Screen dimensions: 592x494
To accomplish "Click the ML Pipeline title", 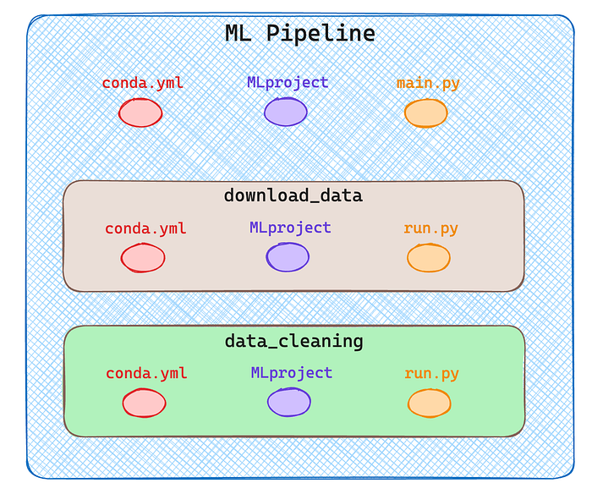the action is point(300,33).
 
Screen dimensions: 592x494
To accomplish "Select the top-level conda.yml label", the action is point(143,83).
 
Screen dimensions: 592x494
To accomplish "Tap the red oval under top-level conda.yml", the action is point(140,113).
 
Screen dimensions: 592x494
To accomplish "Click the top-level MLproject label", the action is point(288,83).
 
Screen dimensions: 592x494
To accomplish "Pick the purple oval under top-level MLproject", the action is point(286,112).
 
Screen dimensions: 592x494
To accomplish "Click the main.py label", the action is point(428,84).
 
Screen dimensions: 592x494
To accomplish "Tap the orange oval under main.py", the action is point(426,113).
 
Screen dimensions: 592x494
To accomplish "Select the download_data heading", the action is point(293,195).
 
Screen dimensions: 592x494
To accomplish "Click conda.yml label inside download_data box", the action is point(145,228).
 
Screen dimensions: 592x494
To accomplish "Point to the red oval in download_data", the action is point(143,258).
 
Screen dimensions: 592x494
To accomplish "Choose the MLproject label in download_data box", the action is point(290,228).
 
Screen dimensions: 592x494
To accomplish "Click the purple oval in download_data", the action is point(288,257).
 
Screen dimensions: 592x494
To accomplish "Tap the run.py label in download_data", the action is point(430,228).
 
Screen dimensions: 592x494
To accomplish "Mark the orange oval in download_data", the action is point(429,258).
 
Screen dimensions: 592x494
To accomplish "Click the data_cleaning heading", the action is point(294,341).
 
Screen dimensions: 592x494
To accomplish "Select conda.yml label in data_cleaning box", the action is point(146,374).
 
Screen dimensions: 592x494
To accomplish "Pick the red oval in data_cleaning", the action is point(145,403).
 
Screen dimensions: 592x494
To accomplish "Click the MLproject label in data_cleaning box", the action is point(292,373).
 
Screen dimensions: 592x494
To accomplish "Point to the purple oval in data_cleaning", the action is point(289,402).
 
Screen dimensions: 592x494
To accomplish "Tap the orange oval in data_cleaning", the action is point(430,403).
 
